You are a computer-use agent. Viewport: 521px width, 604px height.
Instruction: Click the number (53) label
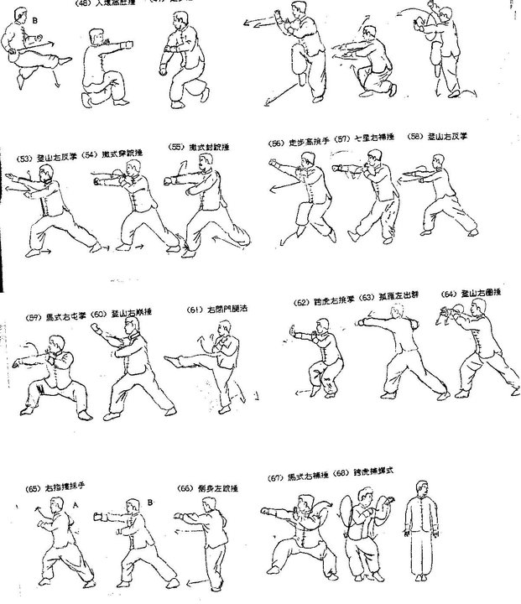click(x=23, y=159)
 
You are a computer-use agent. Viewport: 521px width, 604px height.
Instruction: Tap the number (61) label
click(x=196, y=310)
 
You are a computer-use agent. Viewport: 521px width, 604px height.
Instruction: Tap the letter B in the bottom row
click(x=149, y=502)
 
